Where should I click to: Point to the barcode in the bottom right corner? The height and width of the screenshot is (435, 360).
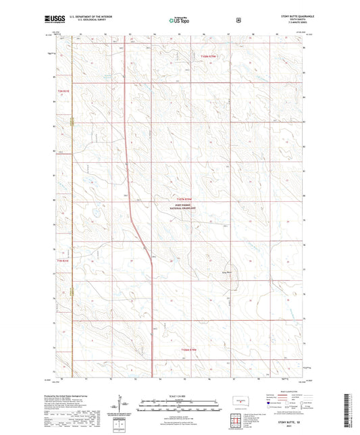[x=349, y=409]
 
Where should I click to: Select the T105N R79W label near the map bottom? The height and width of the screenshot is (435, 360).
[x=189, y=349]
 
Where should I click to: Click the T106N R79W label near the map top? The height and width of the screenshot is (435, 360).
[x=209, y=56]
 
